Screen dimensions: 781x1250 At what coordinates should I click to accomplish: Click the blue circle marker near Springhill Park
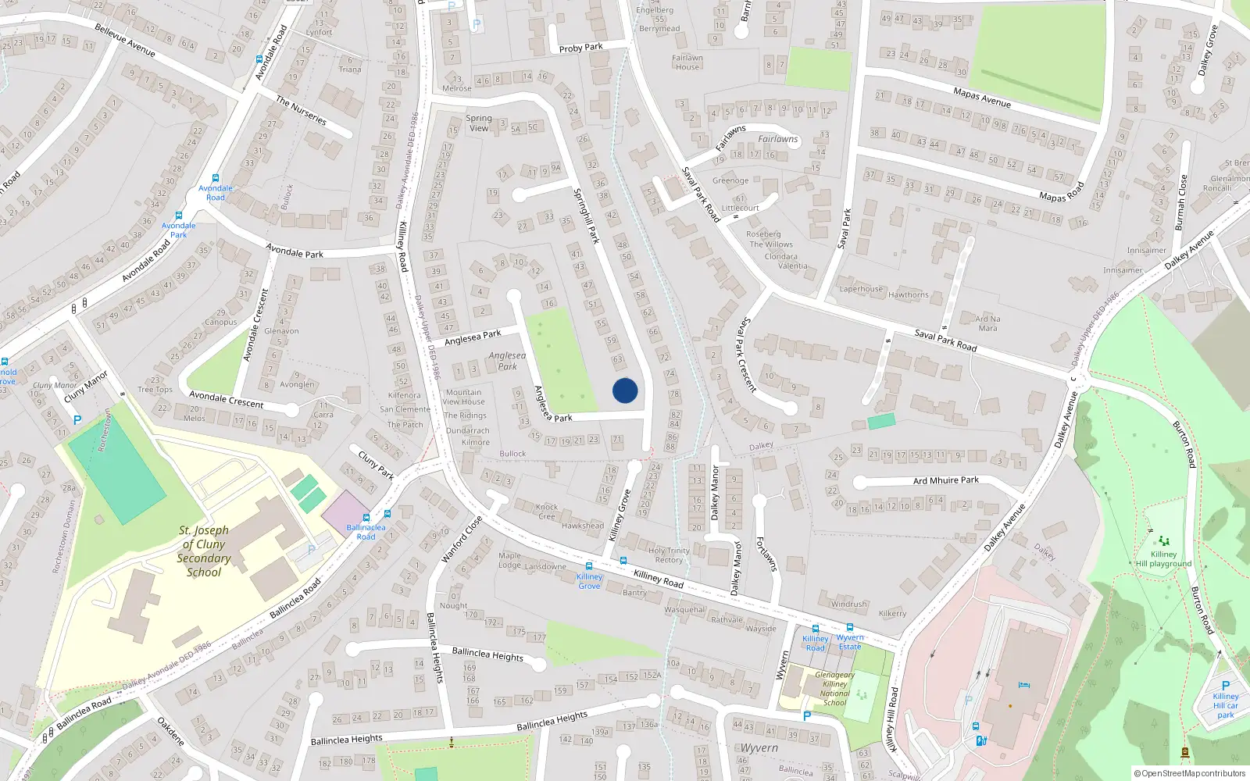point(625,390)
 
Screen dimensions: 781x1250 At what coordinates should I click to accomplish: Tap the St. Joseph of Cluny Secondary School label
point(204,551)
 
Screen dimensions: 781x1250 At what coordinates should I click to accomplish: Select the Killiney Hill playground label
point(1163,558)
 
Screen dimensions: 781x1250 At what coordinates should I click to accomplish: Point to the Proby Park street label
point(580,48)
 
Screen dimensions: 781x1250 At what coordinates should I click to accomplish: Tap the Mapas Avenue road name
point(981,98)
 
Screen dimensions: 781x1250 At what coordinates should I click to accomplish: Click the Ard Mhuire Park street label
point(945,480)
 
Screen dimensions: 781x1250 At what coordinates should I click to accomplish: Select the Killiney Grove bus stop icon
point(588,566)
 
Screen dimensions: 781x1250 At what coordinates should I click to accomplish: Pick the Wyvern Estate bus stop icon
point(849,627)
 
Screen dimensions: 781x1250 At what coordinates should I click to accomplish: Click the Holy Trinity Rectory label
point(669,555)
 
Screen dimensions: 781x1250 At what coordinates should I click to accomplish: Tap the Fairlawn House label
point(687,62)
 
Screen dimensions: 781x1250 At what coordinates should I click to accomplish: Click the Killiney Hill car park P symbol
point(1225,686)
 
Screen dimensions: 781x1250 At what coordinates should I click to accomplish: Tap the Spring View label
point(479,123)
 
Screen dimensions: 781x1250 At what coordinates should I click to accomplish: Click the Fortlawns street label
point(766,554)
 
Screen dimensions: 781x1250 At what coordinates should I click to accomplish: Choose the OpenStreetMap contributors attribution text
point(1189,773)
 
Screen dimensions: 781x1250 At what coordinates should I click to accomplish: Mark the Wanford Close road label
point(462,539)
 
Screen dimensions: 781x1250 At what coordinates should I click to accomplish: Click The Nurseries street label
point(301,110)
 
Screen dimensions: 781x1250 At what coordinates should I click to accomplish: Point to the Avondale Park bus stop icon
point(178,216)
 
